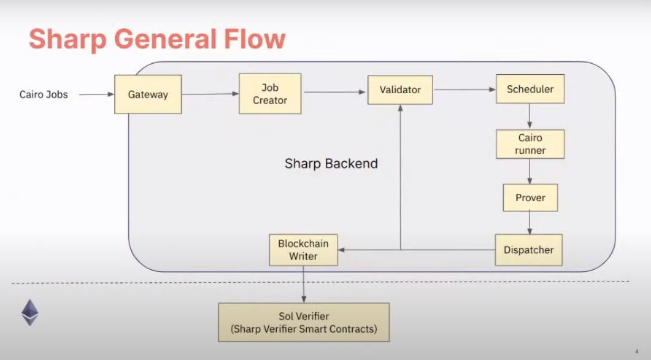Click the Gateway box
click(x=148, y=94)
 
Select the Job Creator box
click(x=270, y=94)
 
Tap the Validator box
click(x=400, y=90)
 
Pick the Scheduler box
click(x=530, y=89)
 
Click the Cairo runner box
click(x=530, y=144)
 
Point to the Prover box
click(x=530, y=197)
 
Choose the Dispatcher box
click(x=529, y=250)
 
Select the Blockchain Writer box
click(x=303, y=250)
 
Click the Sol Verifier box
click(x=304, y=323)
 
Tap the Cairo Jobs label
click(x=44, y=94)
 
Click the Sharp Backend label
click(x=331, y=164)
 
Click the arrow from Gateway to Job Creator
click(x=210, y=94)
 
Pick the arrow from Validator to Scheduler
click(x=464, y=90)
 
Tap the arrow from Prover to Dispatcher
click(x=529, y=223)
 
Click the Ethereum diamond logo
click(x=30, y=312)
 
